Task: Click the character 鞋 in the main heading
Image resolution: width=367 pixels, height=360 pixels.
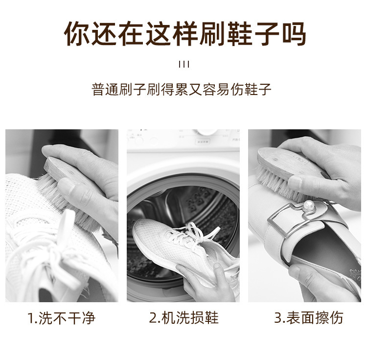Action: [x=240, y=33]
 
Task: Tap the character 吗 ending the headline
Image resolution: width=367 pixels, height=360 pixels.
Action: [x=294, y=33]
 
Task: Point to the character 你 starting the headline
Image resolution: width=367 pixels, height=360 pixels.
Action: [x=76, y=33]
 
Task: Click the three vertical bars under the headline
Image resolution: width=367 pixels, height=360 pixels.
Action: [x=183, y=65]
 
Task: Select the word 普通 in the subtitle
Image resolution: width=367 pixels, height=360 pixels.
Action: [x=105, y=89]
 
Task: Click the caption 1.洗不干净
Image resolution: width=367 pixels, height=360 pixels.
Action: [x=61, y=318]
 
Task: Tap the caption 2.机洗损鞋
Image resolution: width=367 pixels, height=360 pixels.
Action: [x=183, y=318]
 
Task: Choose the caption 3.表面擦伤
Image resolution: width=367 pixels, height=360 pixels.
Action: [x=308, y=318]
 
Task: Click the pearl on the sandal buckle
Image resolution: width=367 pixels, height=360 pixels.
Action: [x=308, y=206]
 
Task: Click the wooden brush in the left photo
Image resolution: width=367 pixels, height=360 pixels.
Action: [x=68, y=188]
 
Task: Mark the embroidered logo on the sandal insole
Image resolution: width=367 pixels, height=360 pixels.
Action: [x=355, y=274]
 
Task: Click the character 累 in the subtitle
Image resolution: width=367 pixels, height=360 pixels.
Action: [x=181, y=89]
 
